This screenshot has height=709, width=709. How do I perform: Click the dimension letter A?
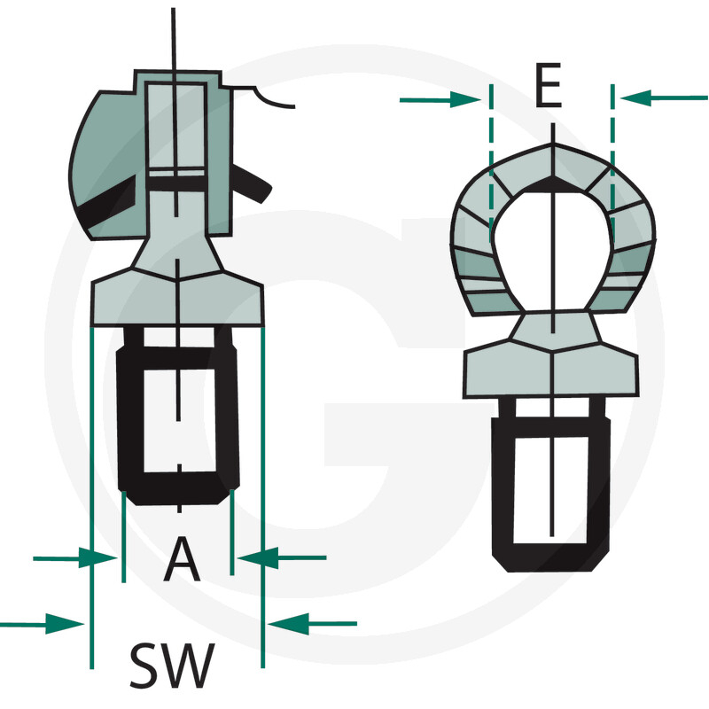pyautogui.click(x=182, y=560)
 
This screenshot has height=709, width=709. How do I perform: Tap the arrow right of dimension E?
pyautogui.click(x=663, y=97)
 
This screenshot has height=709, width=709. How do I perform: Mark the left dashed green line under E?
pyautogui.click(x=490, y=160)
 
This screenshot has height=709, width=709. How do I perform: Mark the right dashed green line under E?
pyautogui.click(x=612, y=160)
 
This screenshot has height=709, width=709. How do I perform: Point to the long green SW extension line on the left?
pyautogui.click(x=91, y=496)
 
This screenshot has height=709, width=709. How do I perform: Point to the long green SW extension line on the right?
pyautogui.click(x=263, y=496)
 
